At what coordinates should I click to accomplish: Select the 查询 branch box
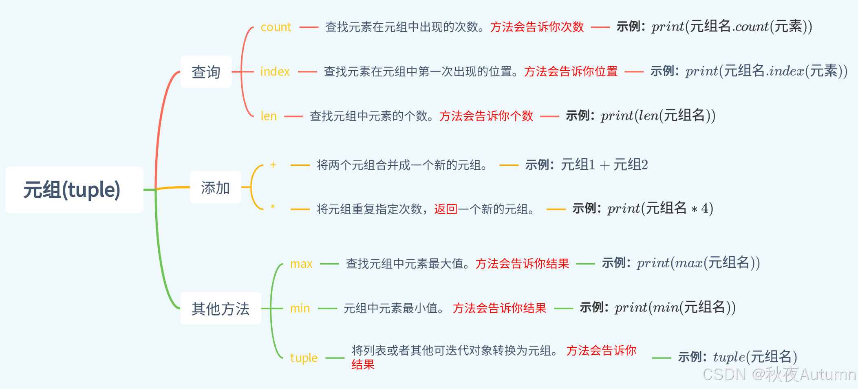[206, 72]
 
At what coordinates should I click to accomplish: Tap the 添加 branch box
[215, 187]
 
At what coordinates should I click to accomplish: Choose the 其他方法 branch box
[220, 309]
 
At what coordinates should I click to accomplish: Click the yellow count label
[276, 27]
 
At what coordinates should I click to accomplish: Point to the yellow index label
[275, 71]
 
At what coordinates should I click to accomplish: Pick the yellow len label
[269, 116]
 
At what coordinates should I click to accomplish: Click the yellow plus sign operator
[273, 165]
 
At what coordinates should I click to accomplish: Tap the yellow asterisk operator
[273, 207]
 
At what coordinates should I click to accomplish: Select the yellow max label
[301, 264]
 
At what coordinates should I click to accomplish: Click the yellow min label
[300, 309]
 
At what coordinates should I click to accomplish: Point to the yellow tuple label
[304, 358]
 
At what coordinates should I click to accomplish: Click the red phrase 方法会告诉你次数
[537, 27]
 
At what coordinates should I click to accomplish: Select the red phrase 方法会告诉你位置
[571, 71]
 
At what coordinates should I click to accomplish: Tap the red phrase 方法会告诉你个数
[486, 116]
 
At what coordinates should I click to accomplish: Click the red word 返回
[446, 209]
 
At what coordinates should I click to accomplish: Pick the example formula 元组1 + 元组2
[604, 165]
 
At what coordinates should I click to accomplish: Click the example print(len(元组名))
[658, 116]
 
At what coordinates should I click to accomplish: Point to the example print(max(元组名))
[698, 263]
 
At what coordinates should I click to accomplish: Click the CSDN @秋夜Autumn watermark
[779, 374]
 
